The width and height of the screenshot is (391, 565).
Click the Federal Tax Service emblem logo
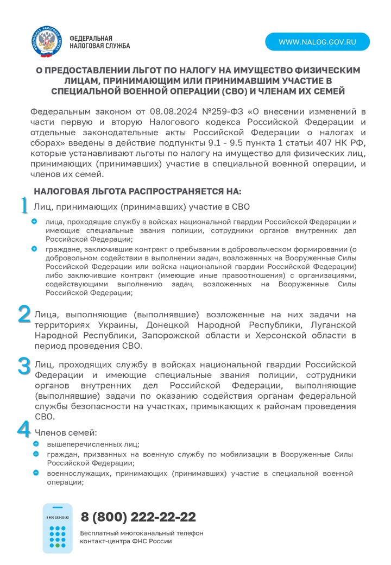click(48, 42)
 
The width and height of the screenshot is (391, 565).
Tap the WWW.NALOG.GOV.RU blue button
click(317, 42)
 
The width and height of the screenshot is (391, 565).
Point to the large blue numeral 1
click(24, 206)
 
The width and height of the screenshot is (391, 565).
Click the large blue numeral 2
click(24, 315)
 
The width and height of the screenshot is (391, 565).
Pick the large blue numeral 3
click(24, 365)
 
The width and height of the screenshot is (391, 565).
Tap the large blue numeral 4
click(24, 430)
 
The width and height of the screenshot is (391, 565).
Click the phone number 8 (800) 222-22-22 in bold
click(138, 517)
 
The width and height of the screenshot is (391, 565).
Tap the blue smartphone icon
click(58, 528)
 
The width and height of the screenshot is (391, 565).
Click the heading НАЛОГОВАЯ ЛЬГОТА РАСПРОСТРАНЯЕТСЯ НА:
click(137, 191)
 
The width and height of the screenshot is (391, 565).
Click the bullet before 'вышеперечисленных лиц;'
click(36, 444)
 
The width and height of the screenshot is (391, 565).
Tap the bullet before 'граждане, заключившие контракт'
click(34, 249)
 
